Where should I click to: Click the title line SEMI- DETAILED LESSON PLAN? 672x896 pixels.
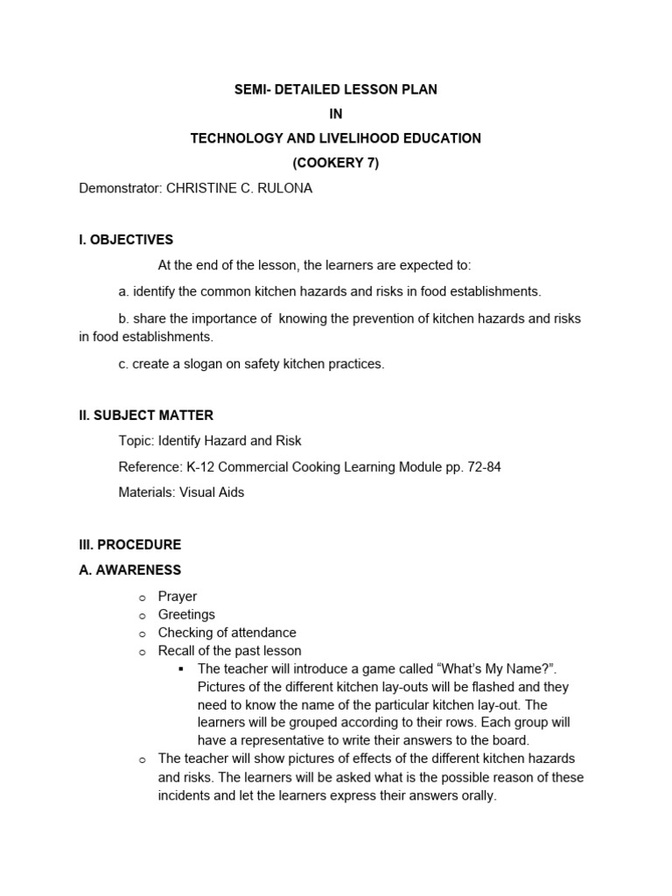coord(336,89)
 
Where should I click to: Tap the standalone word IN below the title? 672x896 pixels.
coord(336,114)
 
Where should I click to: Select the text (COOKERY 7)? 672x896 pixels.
coord(336,163)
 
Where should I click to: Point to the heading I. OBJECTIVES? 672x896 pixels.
coord(126,240)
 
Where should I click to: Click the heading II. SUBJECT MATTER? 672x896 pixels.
coord(146,416)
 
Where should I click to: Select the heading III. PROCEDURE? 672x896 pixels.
coord(130,544)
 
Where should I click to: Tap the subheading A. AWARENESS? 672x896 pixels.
coord(130,570)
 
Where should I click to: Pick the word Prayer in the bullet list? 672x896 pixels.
coord(178,597)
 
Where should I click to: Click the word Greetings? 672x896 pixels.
coord(186,614)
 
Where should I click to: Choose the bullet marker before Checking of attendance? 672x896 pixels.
coord(141,633)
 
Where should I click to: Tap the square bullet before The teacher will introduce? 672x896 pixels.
coord(181,669)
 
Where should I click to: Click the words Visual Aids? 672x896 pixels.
coord(212,493)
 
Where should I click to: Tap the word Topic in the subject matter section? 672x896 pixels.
coord(136,441)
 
